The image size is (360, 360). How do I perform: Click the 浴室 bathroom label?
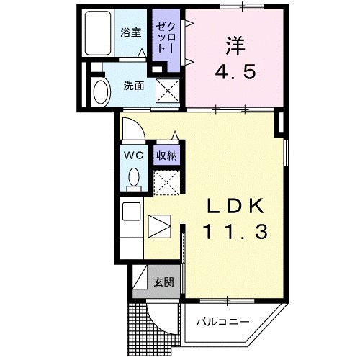click(130, 32)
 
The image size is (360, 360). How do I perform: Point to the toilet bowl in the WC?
click(132, 177)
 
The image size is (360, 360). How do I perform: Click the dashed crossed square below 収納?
click(166, 181)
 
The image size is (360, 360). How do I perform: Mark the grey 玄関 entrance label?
click(163, 282)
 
